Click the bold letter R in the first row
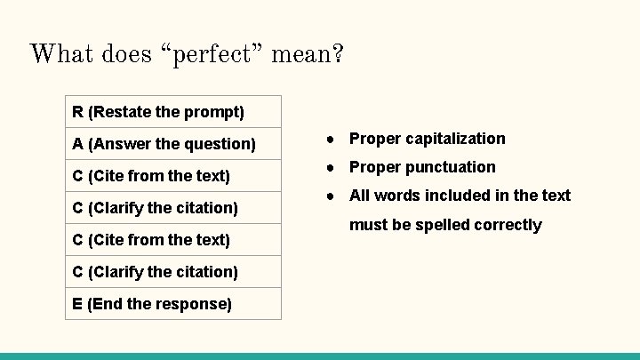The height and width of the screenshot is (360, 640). (x=78, y=112)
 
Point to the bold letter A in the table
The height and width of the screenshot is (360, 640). (x=78, y=144)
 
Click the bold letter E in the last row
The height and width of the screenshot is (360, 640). (x=78, y=304)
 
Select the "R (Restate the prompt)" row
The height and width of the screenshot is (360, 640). (x=173, y=112)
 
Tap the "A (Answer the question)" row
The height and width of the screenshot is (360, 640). (x=173, y=144)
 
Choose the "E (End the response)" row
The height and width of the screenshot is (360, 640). (x=173, y=304)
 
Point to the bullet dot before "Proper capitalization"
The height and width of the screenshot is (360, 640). (x=330, y=139)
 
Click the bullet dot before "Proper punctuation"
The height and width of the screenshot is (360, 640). (x=330, y=167)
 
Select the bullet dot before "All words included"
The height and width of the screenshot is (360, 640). (x=330, y=196)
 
